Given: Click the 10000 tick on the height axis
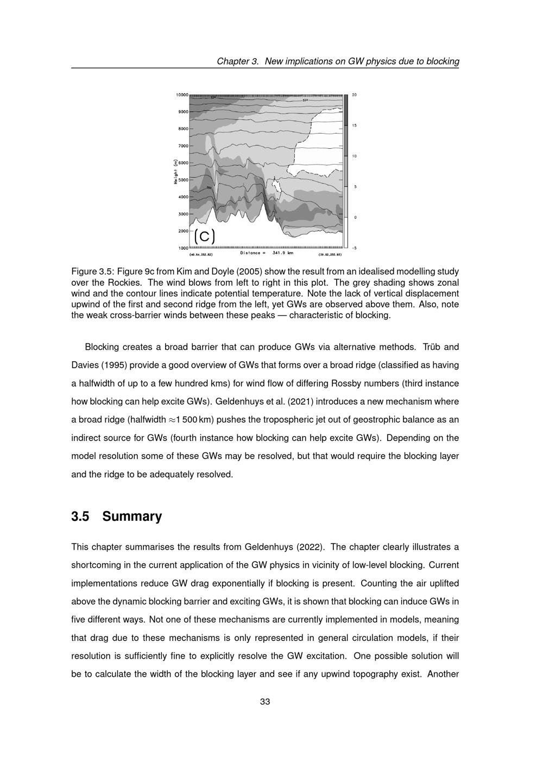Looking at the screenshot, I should tap(182, 95).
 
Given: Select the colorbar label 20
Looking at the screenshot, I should tap(355, 95).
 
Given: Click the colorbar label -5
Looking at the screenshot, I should tap(355, 248).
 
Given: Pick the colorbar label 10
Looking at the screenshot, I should tap(355, 156).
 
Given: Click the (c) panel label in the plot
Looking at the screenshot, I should tap(205, 236).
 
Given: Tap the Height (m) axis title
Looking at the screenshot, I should tap(176, 172).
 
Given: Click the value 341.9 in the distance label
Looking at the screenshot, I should tap(279, 253).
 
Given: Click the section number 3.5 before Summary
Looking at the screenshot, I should tap(80, 517).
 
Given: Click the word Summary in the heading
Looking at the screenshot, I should tap(132, 517).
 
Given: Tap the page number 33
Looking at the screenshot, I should tap(265, 702).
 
